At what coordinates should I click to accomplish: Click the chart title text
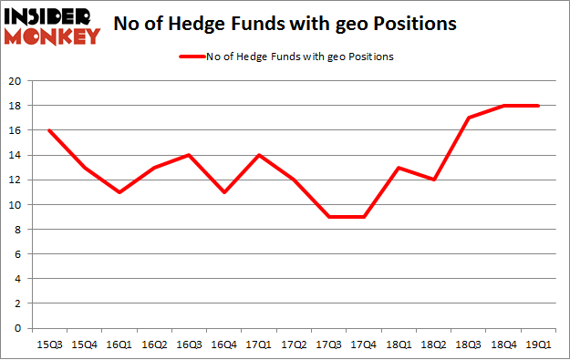pos(290,26)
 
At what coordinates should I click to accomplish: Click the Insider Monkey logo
pos(52,26)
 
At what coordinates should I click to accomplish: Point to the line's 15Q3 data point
pos(49,130)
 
